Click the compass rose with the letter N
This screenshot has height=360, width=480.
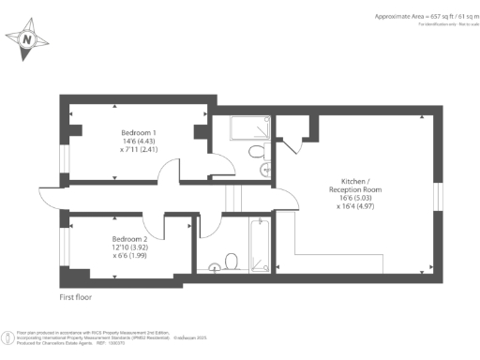pyautogui.click(x=28, y=40)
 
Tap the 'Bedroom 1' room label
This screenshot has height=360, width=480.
pyautogui.click(x=139, y=131)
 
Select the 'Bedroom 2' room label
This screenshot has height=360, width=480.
pyautogui.click(x=129, y=239)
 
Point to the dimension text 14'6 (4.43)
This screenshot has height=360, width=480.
pyautogui.click(x=139, y=141)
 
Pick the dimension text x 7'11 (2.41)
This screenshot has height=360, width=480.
pyautogui.click(x=139, y=150)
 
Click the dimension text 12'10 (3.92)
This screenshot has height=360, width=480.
pyautogui.click(x=130, y=248)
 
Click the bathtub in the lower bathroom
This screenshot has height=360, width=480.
pyautogui.click(x=261, y=244)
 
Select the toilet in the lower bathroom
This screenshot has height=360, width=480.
pyautogui.click(x=232, y=262)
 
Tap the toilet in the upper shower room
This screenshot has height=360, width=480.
pyautogui.click(x=256, y=152)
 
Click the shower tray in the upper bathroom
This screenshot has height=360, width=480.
pyautogui.click(x=242, y=127)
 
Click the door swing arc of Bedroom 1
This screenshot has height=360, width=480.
pyautogui.click(x=169, y=174)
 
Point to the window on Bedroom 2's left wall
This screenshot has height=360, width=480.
pyautogui.click(x=64, y=246)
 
